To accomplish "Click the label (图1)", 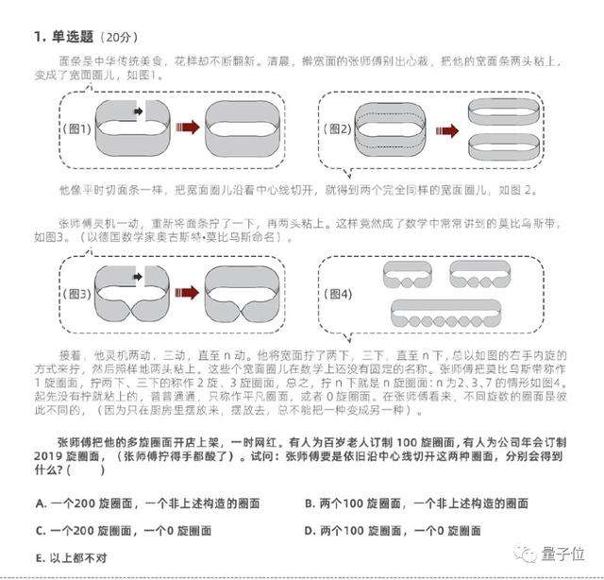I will (x=76, y=129).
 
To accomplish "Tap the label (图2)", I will (x=339, y=128).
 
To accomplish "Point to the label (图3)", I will (x=76, y=293).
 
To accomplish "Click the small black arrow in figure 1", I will (x=139, y=112).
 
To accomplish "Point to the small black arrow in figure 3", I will (x=138, y=277).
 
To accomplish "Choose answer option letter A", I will (x=39, y=503).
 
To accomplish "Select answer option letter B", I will (x=309, y=503).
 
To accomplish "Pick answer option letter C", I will (x=39, y=531).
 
